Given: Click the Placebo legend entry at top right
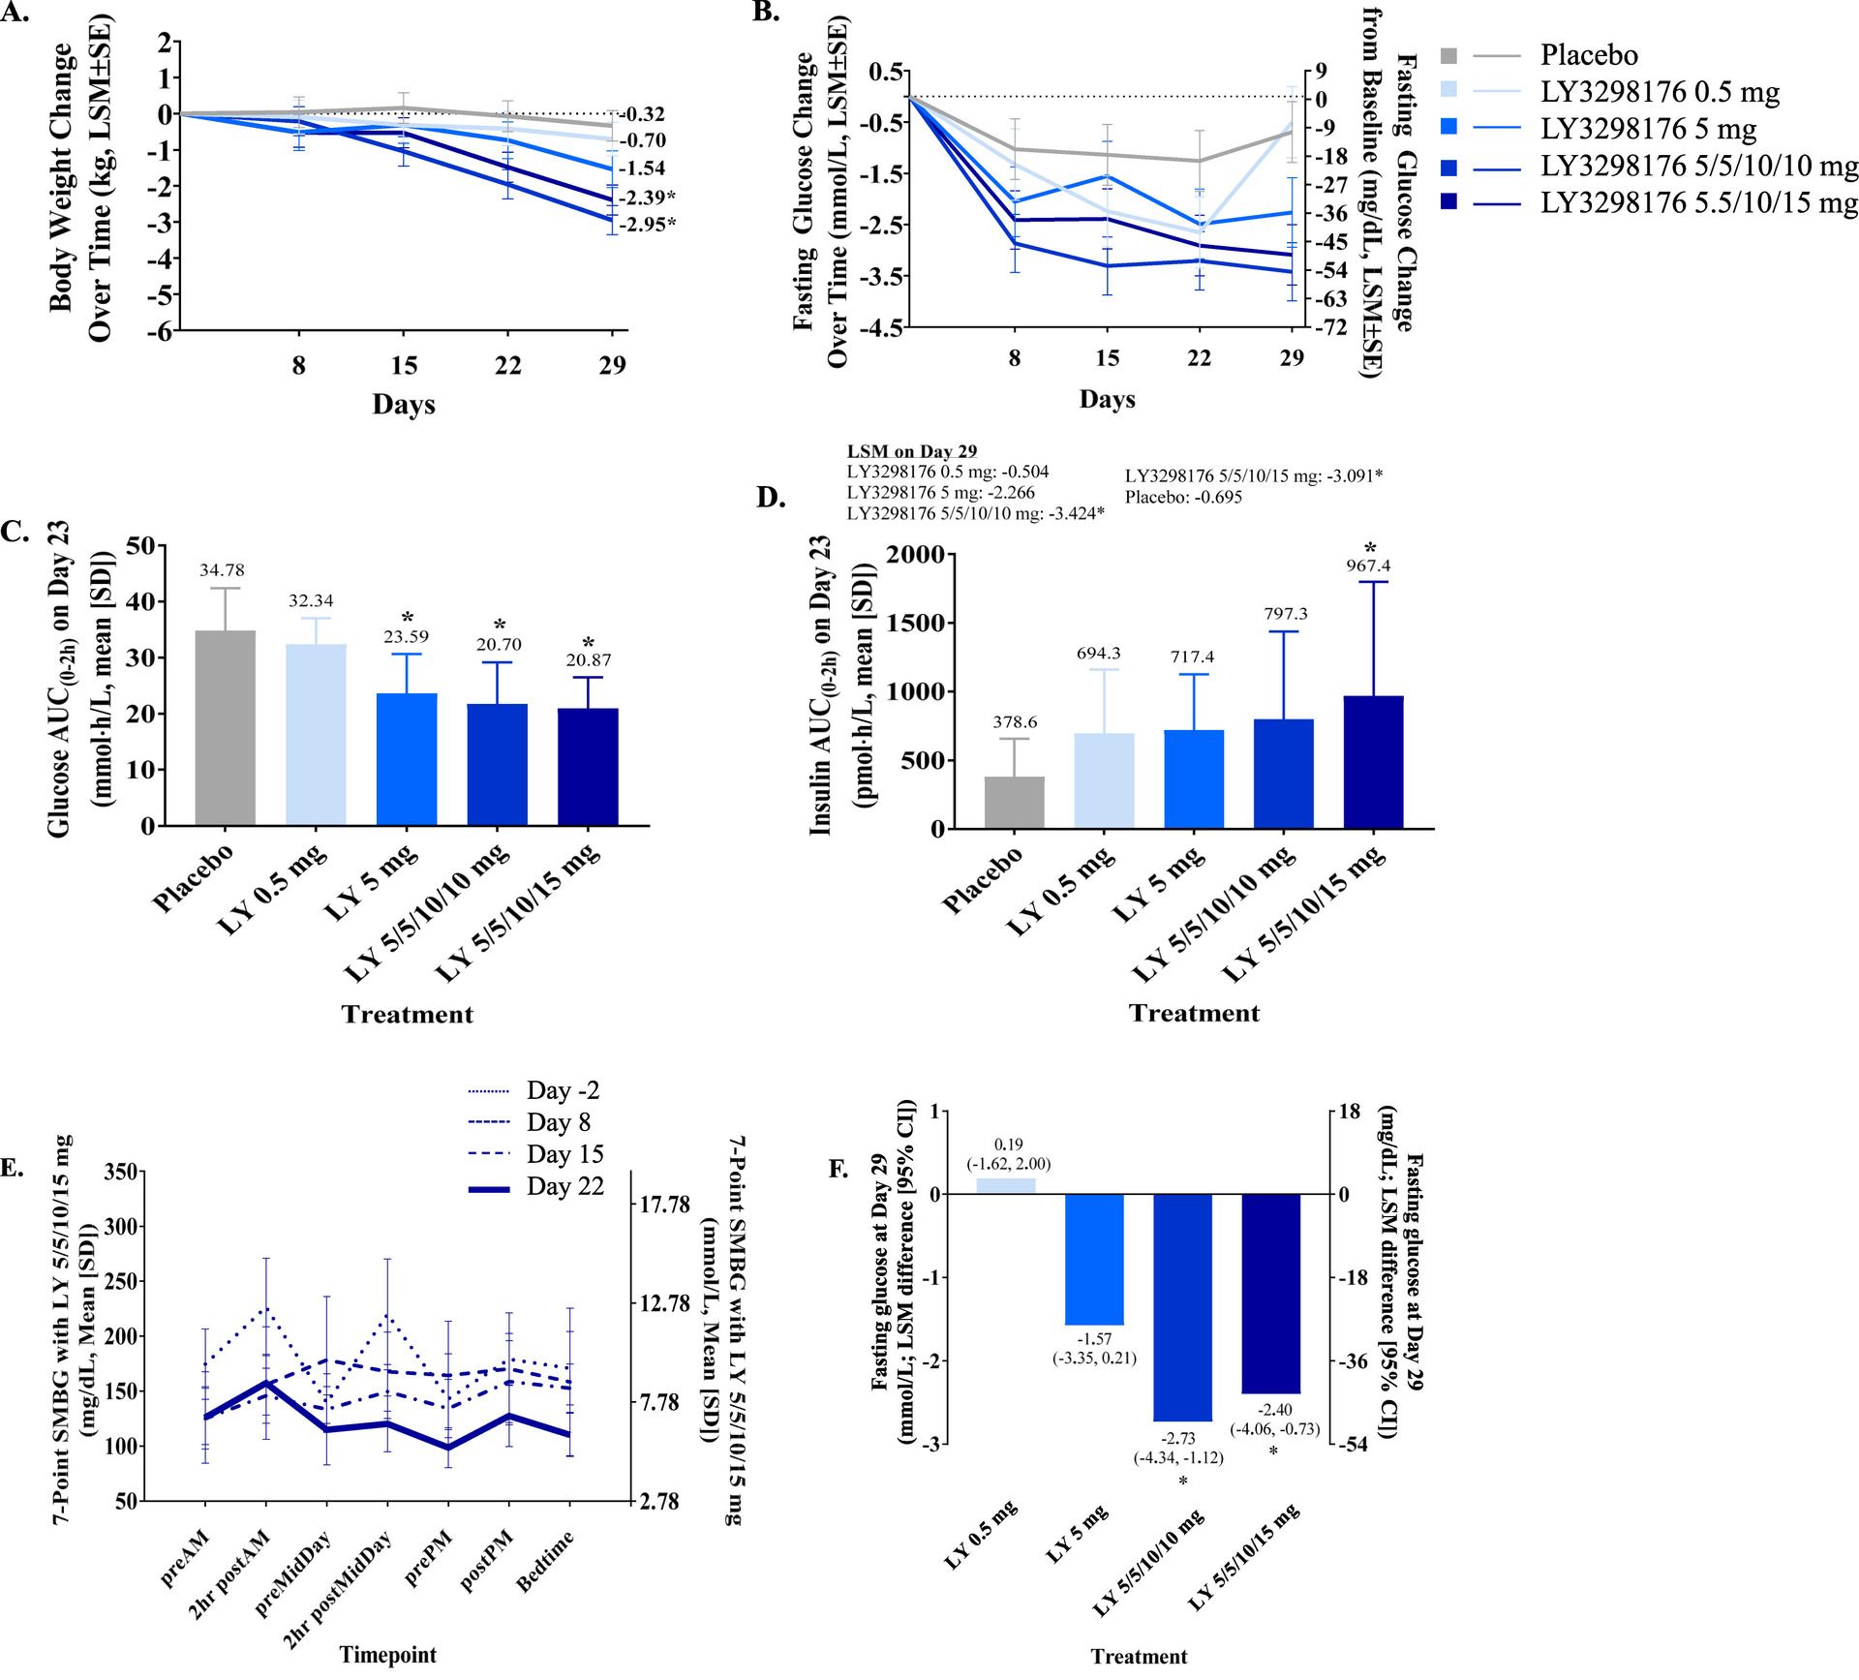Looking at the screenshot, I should [x=1590, y=55].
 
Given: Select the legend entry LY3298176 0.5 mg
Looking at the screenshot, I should [x=1660, y=93].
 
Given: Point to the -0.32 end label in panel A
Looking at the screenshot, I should [x=643, y=114].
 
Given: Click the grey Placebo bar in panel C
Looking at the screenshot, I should [x=225, y=728].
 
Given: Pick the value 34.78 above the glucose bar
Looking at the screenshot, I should [x=225, y=570].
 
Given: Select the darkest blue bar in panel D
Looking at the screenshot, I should [x=1374, y=762].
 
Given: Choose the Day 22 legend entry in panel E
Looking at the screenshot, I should [x=564, y=1186].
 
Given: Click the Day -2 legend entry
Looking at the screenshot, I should [x=563, y=1090].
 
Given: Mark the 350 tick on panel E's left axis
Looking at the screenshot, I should [x=120, y=1172].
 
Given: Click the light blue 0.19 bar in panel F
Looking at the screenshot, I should [x=1005, y=1185].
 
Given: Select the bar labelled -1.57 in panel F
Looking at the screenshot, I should [x=1094, y=1259].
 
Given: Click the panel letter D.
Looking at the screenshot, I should [x=771, y=498].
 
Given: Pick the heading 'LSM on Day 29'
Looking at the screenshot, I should [x=911, y=451].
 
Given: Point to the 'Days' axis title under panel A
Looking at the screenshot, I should [x=404, y=404].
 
